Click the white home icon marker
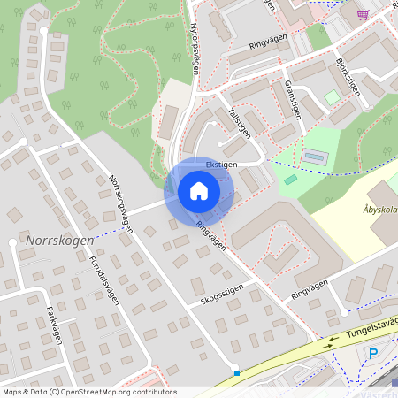point(198,191)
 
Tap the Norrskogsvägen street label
point(121,202)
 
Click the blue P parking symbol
point(372,354)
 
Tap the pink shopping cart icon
point(362,14)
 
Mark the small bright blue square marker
point(236,373)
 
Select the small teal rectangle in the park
point(290,180)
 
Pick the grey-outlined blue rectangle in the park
point(313,157)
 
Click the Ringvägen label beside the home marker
point(212,235)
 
